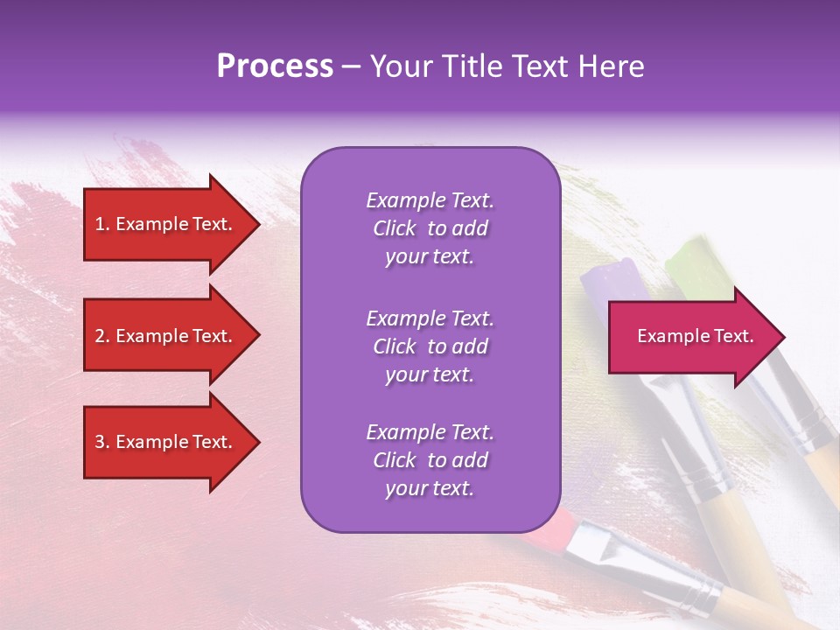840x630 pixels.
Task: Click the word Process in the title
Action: pos(275,66)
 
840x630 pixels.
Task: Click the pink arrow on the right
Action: pos(691,337)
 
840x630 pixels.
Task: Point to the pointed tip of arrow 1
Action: pos(258,224)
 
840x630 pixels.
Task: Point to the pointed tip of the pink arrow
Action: pos(783,337)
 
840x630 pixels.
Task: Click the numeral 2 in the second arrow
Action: pos(100,336)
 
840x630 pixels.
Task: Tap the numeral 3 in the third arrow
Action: pos(100,442)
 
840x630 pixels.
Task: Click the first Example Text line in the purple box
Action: pos(430,200)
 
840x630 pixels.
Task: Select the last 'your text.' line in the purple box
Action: pos(430,488)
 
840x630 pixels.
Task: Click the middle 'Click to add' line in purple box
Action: pos(430,346)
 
